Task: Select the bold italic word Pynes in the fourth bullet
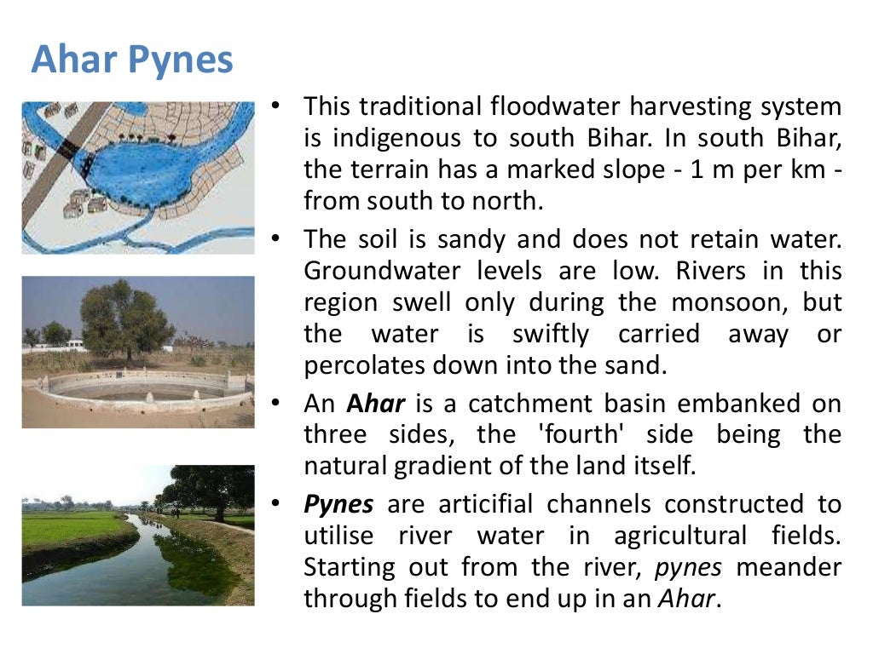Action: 338,504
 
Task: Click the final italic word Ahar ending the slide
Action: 687,598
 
